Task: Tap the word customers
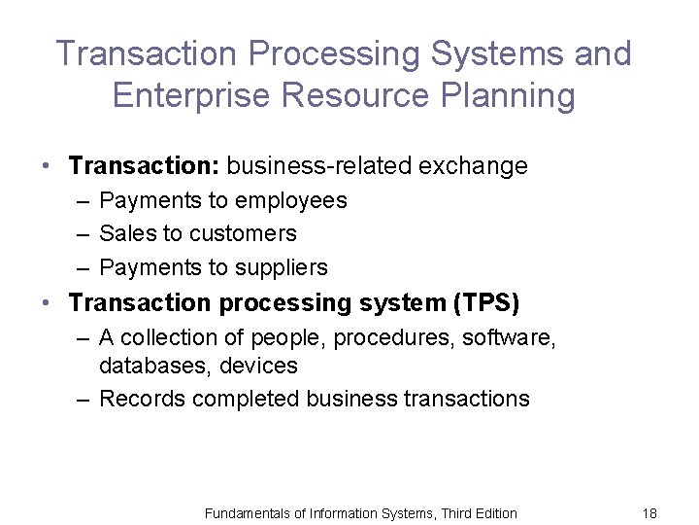(x=243, y=233)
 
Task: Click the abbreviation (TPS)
(x=486, y=303)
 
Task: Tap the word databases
(x=148, y=367)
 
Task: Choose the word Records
(x=142, y=399)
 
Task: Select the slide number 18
(x=649, y=512)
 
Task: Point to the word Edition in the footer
(x=492, y=512)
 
